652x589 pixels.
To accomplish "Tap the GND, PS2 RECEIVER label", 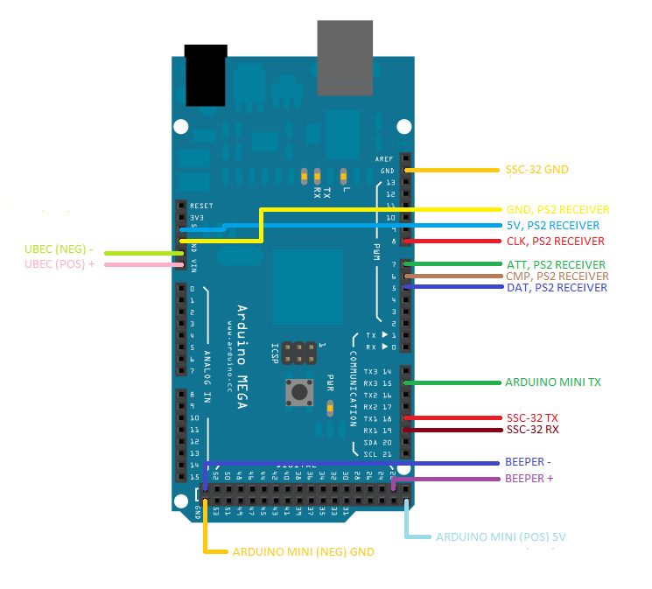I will [x=557, y=210].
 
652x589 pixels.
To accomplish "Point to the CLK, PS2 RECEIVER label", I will [x=555, y=241].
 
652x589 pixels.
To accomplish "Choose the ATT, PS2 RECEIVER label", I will [x=555, y=264].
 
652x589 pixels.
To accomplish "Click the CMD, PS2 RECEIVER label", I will [x=557, y=276].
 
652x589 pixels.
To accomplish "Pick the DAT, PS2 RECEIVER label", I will [x=557, y=287].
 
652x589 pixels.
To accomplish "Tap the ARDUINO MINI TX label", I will [x=552, y=382].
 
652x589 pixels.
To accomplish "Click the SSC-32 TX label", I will [x=532, y=417].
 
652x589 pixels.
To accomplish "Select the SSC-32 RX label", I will [x=532, y=430].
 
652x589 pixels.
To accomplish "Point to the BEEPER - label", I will [x=528, y=462].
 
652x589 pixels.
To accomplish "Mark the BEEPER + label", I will [x=529, y=479].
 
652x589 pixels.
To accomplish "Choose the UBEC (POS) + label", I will [x=60, y=263].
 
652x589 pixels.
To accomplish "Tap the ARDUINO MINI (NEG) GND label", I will [x=303, y=552].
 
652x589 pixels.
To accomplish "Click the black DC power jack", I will [x=206, y=74].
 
